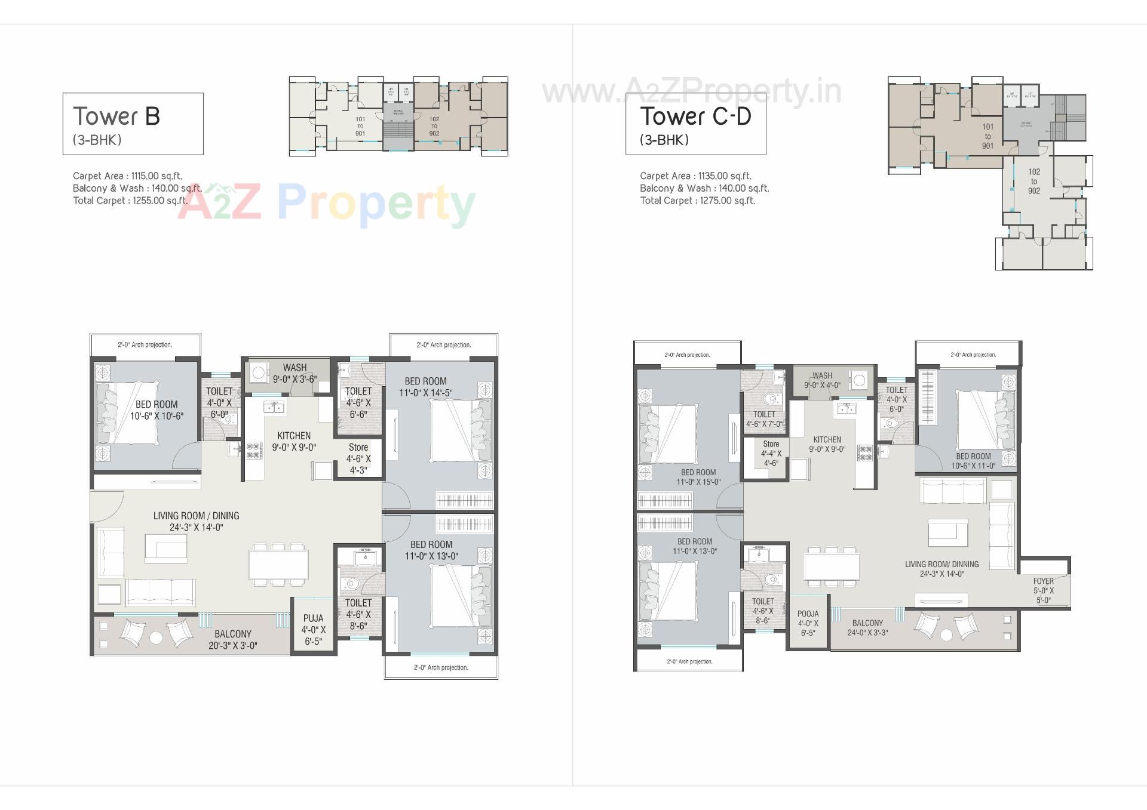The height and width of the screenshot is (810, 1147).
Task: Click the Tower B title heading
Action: coord(116,116)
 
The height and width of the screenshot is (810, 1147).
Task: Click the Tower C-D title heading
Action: coord(695,116)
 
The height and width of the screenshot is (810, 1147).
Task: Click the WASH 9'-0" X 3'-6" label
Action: coord(295,373)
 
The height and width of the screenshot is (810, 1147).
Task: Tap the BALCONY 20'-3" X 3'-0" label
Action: coord(232,639)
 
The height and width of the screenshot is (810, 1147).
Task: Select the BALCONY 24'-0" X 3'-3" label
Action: coord(867,627)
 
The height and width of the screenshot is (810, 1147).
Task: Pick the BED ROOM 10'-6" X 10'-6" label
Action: coord(157,410)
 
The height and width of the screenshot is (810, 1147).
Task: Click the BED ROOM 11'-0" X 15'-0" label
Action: coord(698,477)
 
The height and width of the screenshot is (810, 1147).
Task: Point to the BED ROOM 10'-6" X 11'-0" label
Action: coord(973,461)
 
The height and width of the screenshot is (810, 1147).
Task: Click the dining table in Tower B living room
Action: coord(278,564)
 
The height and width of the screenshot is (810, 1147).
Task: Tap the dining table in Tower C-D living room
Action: coord(831,566)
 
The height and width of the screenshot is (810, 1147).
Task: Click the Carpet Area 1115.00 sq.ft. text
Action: coord(127,176)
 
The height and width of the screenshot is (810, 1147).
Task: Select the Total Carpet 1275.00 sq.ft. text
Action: coord(697,201)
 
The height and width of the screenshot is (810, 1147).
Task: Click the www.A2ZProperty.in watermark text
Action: coord(691,92)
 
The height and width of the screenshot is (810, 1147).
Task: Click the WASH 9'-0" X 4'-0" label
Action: coord(822,380)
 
